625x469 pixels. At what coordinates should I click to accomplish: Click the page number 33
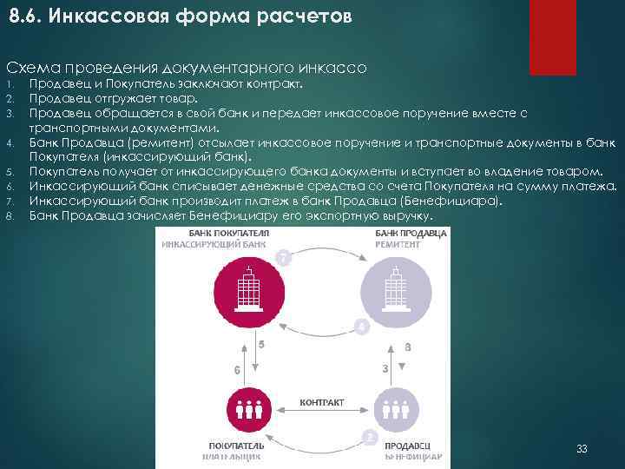pos(582,449)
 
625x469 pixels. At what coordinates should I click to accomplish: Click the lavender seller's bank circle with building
pos(397,289)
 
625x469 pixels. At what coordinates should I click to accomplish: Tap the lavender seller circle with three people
pos(397,408)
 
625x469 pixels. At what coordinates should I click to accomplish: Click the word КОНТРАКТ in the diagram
pos(321,402)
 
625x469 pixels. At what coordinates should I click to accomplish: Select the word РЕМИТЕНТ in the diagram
pos(398,246)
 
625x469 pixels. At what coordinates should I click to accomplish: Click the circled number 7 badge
pos(283,257)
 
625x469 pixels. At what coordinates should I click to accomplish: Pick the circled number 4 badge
pos(360,327)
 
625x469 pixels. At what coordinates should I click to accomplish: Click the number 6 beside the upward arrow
pos(237,370)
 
